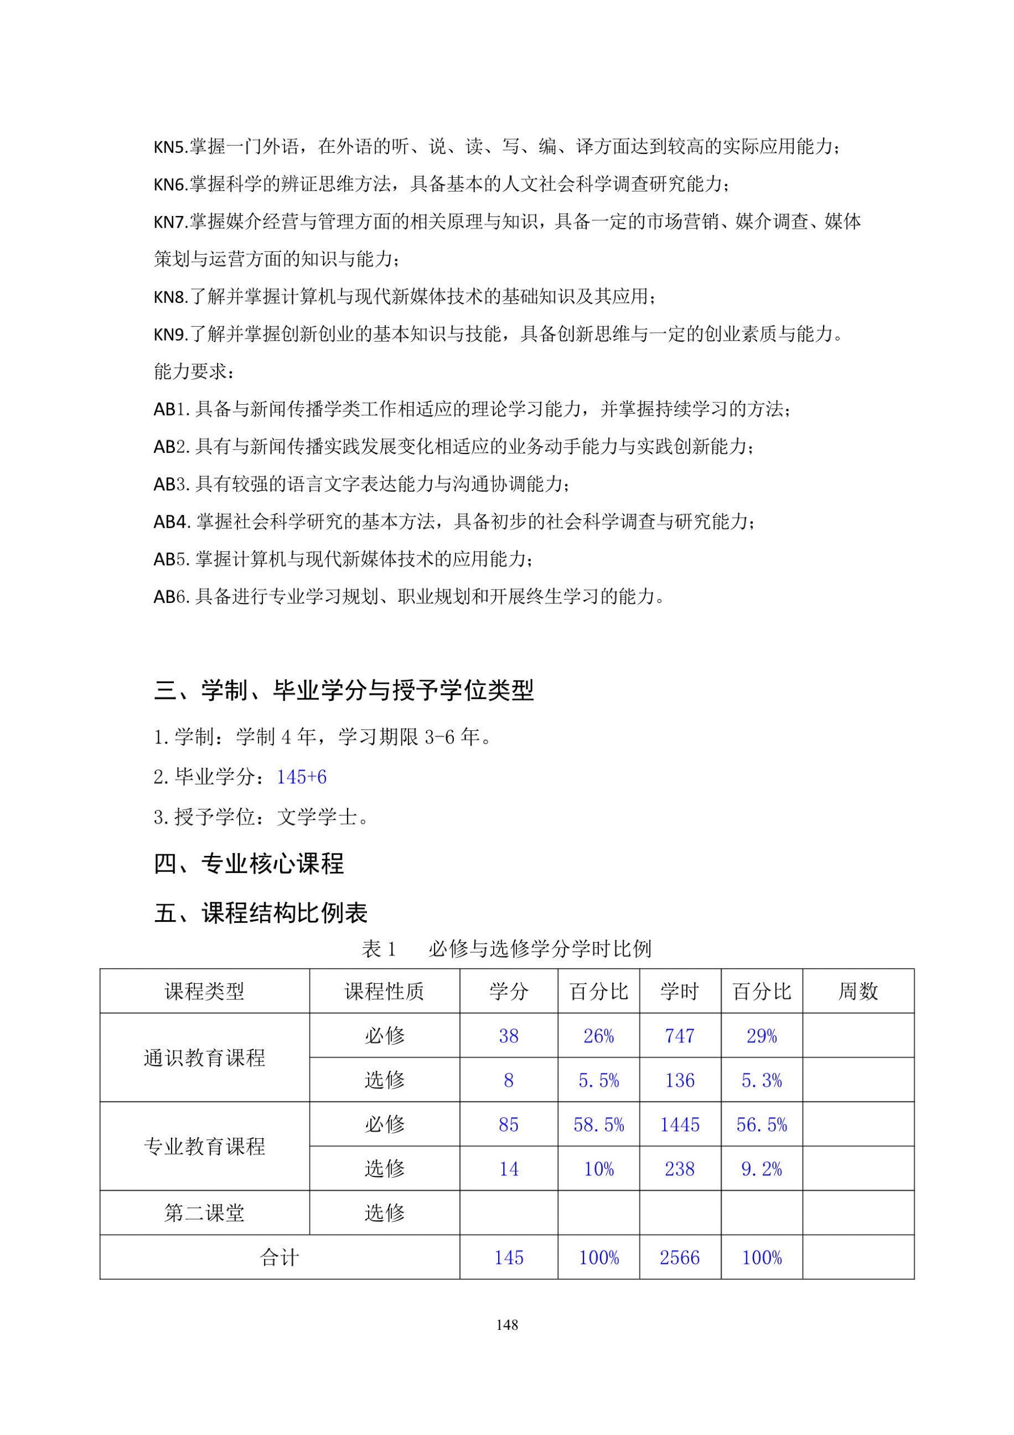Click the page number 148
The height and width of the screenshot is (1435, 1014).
[x=506, y=1324]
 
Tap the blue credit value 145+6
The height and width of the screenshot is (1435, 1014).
[x=301, y=777]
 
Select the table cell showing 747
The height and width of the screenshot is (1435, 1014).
[x=679, y=1036]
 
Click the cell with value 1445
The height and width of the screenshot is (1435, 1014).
[x=679, y=1125]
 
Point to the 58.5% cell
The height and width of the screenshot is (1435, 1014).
[x=598, y=1125]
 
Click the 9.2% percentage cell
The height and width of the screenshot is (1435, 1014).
[x=761, y=1169]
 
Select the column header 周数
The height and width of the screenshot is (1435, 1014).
[x=858, y=991]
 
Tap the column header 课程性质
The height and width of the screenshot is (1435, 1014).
[x=384, y=991]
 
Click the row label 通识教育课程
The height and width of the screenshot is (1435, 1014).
[x=204, y=1058]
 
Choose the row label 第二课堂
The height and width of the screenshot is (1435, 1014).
[x=204, y=1213]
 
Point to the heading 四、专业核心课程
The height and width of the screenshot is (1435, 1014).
[x=249, y=864]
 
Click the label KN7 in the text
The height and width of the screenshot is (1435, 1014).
[x=169, y=222]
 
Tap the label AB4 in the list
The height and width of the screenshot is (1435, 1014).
[x=171, y=522]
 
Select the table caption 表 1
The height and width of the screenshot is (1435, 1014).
[x=379, y=949]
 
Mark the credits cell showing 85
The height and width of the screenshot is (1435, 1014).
[x=508, y=1125]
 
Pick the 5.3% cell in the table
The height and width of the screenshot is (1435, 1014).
[x=761, y=1081]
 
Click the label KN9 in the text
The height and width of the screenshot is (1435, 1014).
[x=169, y=335]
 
